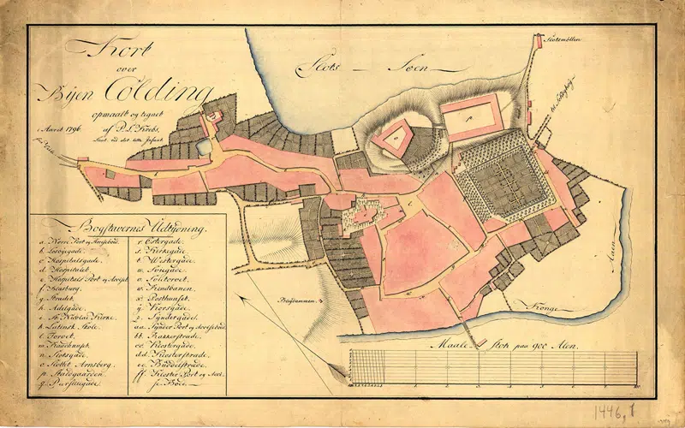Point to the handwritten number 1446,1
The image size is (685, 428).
pos(615,401)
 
